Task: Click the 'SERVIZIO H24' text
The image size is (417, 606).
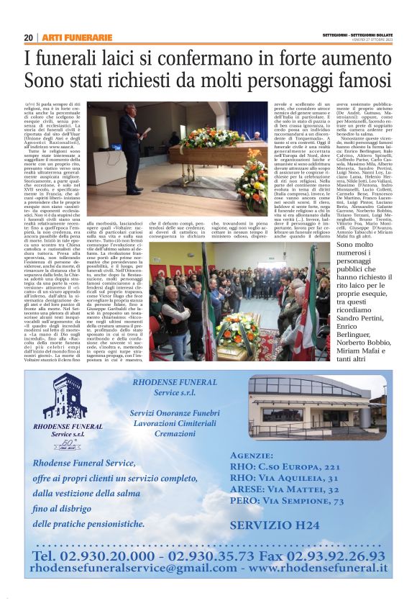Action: (x=286, y=525)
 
